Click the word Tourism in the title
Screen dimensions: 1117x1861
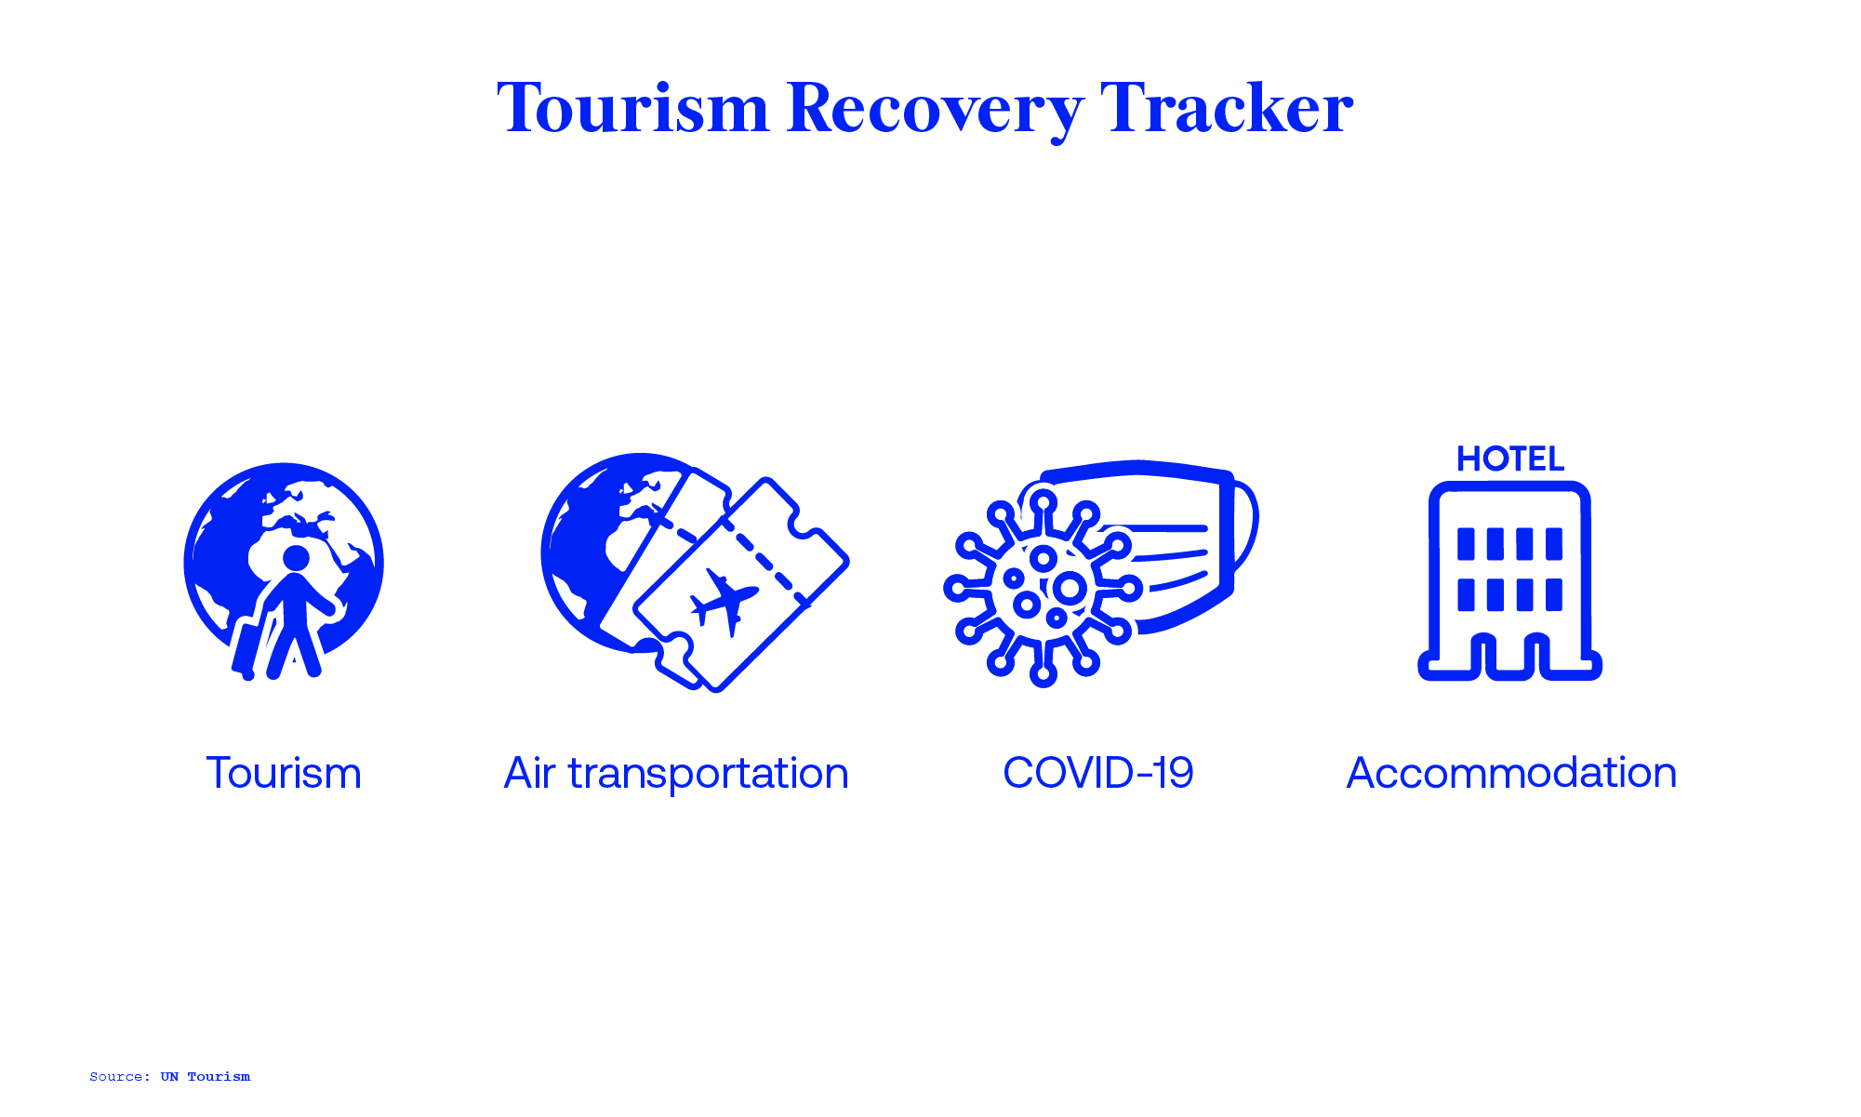pyautogui.click(x=632, y=109)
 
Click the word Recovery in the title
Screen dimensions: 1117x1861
pyautogui.click(x=934, y=109)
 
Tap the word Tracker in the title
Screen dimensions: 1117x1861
pyautogui.click(x=1226, y=109)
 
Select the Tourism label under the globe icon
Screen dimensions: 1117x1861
pyautogui.click(x=284, y=773)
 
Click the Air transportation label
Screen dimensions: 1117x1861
pyautogui.click(x=676, y=773)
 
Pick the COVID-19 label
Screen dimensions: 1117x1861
pyautogui.click(x=1097, y=773)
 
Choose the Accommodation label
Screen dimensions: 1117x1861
pyautogui.click(x=1511, y=773)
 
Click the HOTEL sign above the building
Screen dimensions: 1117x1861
pyautogui.click(x=1510, y=459)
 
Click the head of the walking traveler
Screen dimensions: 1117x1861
pyautogui.click(x=296, y=558)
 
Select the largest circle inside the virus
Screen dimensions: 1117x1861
pyautogui.click(x=1069, y=588)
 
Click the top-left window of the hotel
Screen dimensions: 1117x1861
pyautogui.click(x=1466, y=543)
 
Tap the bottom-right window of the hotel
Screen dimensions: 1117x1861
pyautogui.click(x=1553, y=594)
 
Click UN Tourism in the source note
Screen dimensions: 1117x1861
pyautogui.click(x=205, y=1077)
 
